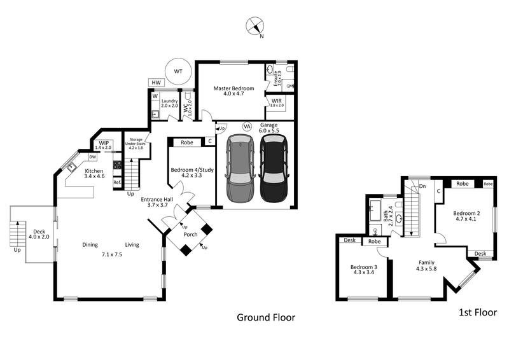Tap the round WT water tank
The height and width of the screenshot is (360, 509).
pos(178,72)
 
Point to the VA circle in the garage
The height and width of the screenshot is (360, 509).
pos(247,127)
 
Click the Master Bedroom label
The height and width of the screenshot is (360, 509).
pos(234,88)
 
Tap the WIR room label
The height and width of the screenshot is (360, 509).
pos(277,101)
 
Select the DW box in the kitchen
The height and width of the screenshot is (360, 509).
pos(92,156)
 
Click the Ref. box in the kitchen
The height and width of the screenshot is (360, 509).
pos(117,183)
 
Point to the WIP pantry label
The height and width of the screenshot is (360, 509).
pos(103,143)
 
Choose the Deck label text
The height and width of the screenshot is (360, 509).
pos(39,232)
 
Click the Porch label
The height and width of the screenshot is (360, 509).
pos(190,235)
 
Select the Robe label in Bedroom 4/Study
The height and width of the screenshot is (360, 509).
pos(187,142)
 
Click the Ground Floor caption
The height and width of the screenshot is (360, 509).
pos(266,317)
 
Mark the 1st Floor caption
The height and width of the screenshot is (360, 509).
pos(477,312)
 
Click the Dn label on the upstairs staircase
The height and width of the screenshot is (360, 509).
pos(422,186)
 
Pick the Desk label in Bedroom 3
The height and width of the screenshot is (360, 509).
pos(349,240)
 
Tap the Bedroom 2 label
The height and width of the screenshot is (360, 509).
pos(466,213)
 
